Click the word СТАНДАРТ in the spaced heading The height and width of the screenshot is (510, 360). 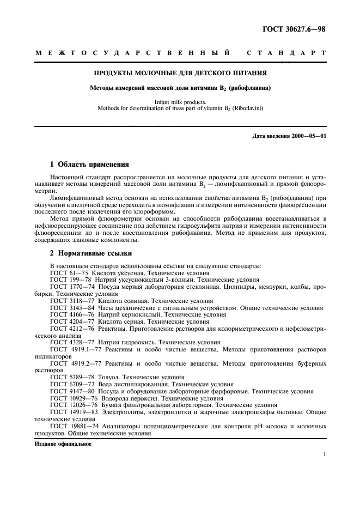(x=286, y=53)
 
